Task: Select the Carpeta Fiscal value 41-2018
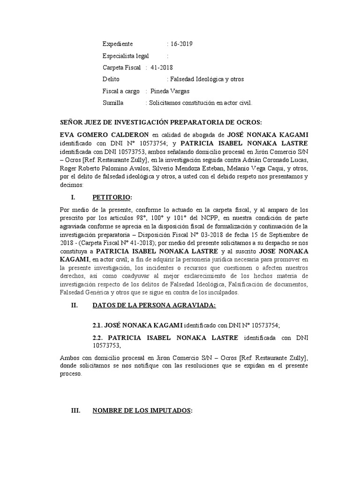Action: pyautogui.click(x=162, y=67)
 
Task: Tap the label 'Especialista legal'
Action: pyautogui.click(x=126, y=56)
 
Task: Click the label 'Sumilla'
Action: pyautogui.click(x=113, y=103)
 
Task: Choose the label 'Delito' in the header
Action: pyautogui.click(x=111, y=79)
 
